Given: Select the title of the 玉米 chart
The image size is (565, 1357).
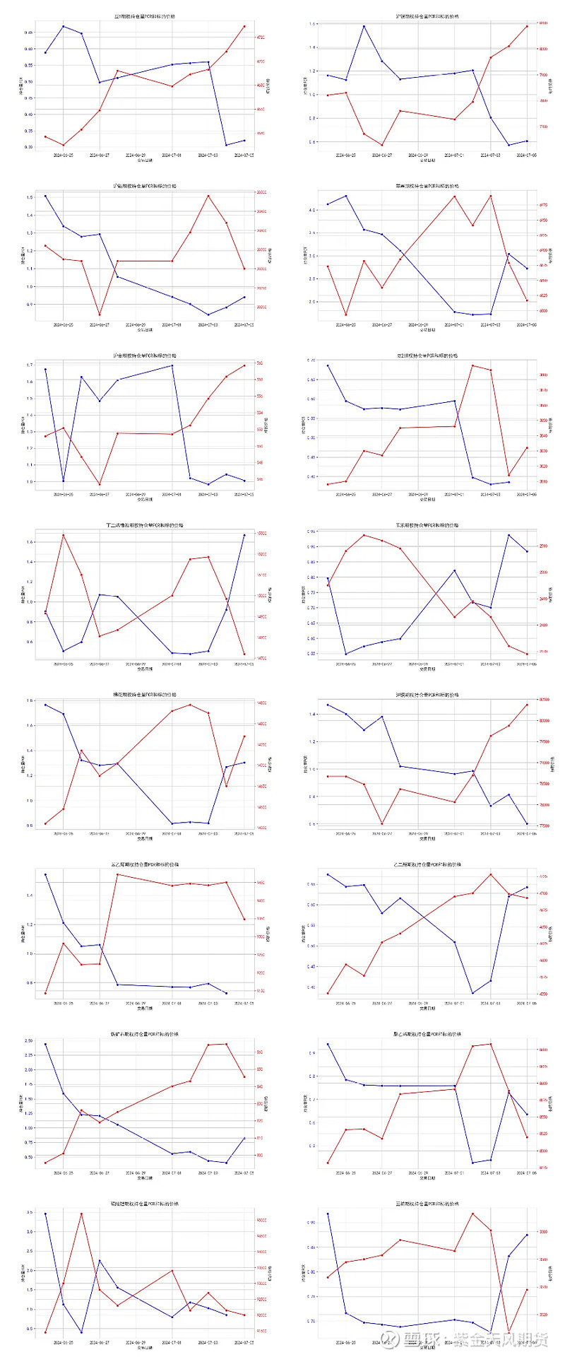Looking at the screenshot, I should pyautogui.click(x=427, y=525).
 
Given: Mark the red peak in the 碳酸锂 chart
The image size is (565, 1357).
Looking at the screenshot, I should pyautogui.click(x=81, y=1214).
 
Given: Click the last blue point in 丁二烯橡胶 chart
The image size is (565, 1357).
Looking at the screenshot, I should pyautogui.click(x=244, y=535).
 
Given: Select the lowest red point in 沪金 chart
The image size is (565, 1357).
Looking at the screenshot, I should pyautogui.click(x=100, y=485).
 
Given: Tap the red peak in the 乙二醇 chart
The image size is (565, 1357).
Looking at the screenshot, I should pyautogui.click(x=491, y=874).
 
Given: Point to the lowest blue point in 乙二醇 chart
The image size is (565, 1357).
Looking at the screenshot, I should pyautogui.click(x=472, y=993).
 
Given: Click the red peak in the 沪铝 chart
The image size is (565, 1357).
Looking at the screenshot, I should pyautogui.click(x=208, y=196).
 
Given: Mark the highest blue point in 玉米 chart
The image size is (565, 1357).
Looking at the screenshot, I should pyautogui.click(x=509, y=535).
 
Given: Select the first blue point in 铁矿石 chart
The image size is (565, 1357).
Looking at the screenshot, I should pyautogui.click(x=45, y=1044).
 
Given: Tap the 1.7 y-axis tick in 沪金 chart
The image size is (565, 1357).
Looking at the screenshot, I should pyautogui.click(x=30, y=365).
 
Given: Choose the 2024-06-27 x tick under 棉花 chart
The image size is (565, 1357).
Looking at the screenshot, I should pyautogui.click(x=100, y=833).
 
